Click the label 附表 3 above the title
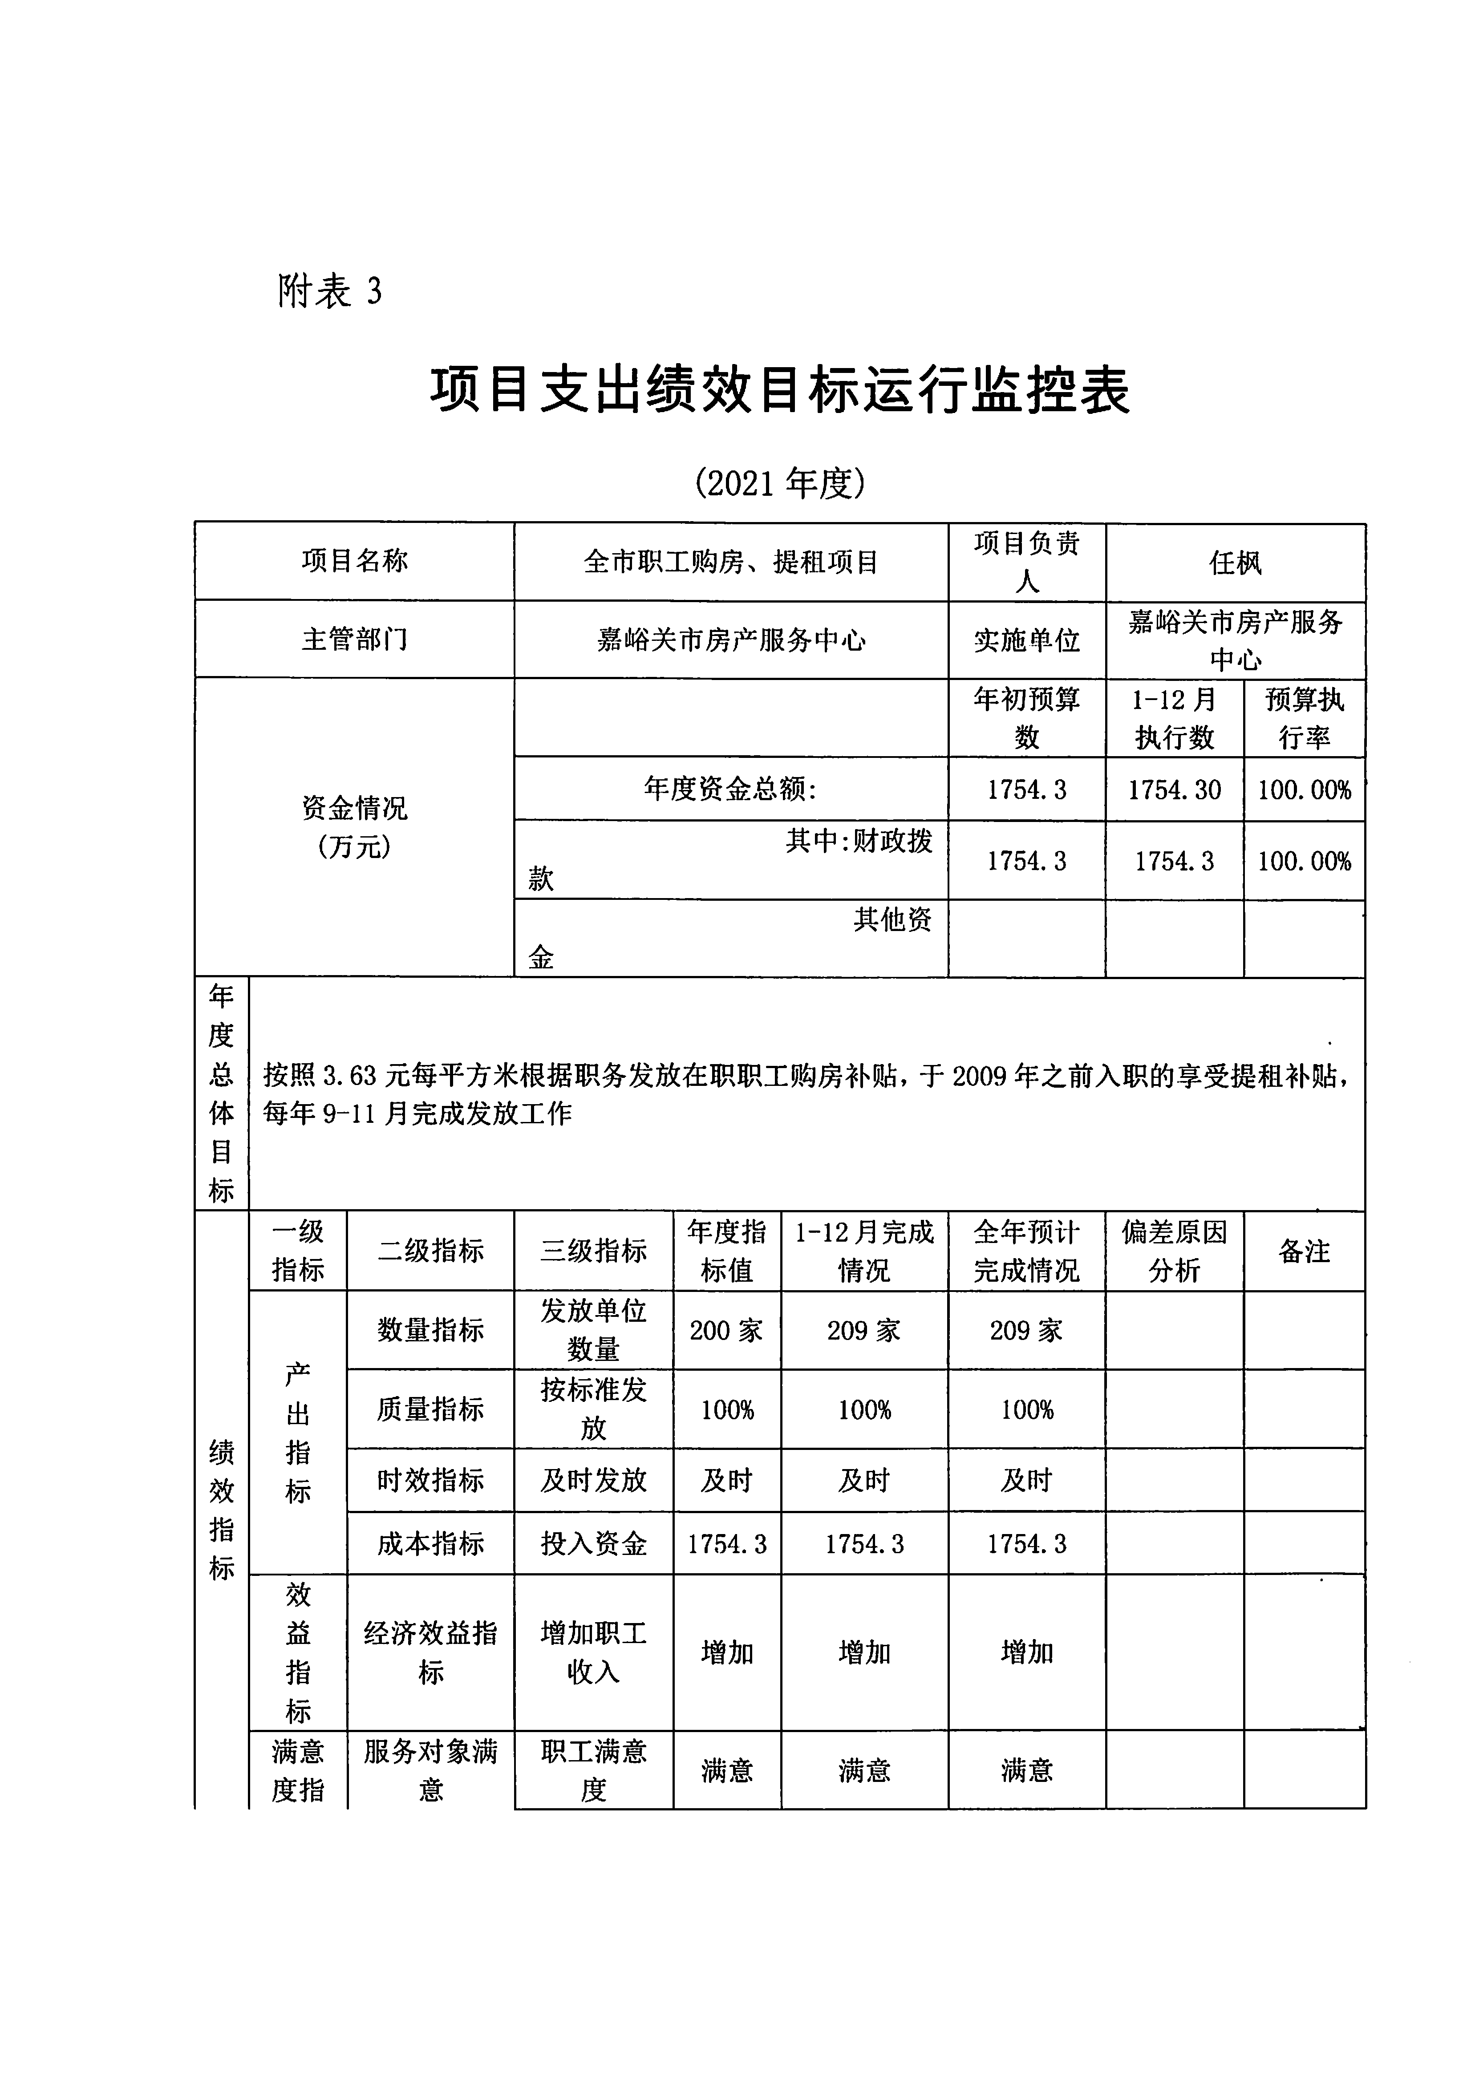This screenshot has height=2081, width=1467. [329, 292]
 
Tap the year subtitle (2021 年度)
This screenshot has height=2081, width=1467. [780, 483]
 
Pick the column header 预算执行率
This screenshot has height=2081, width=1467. [1304, 718]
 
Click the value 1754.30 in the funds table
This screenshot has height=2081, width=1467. [1174, 789]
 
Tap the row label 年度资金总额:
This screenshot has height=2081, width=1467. [731, 789]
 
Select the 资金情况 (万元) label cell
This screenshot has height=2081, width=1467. [354, 826]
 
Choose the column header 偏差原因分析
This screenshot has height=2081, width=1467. [1174, 1251]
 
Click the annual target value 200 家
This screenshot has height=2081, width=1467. [726, 1331]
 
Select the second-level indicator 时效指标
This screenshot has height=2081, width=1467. [431, 1480]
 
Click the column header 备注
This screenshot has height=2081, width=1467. [1304, 1251]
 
